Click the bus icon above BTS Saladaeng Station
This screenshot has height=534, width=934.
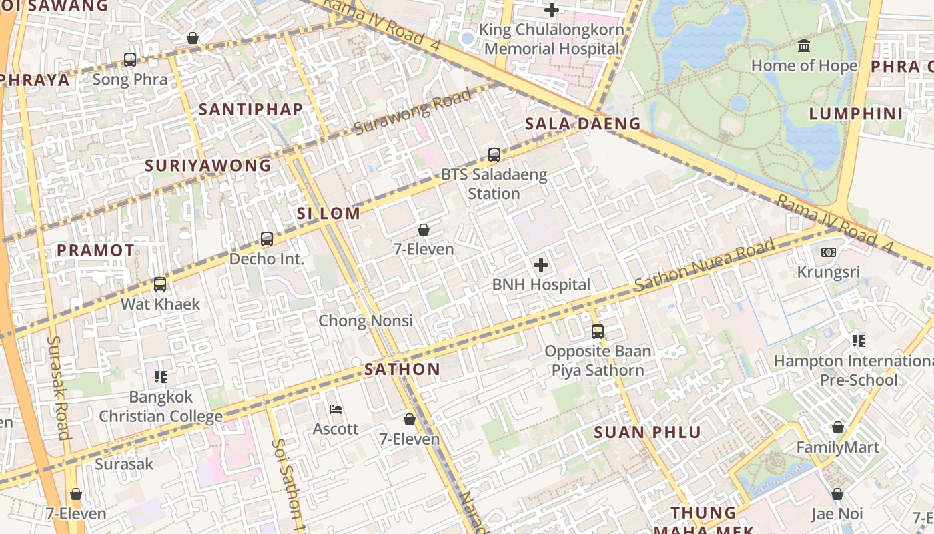(494, 155)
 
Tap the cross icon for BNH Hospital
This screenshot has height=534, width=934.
(541, 265)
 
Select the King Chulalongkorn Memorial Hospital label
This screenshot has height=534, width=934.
(552, 39)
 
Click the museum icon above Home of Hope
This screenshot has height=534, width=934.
(804, 46)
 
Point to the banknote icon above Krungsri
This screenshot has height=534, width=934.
(828, 252)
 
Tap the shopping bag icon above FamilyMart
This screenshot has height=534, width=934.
(837, 427)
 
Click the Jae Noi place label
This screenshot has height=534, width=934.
(837, 514)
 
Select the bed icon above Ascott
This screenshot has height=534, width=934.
(336, 409)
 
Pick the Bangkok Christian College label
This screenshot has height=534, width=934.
(161, 407)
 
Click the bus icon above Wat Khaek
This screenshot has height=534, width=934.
(160, 284)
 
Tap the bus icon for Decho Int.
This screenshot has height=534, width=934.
(267, 239)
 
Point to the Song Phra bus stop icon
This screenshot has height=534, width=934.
(130, 60)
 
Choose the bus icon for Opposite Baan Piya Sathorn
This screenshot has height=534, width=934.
(597, 332)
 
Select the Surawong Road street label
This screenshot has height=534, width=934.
(412, 111)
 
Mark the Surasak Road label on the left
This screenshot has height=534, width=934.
(59, 387)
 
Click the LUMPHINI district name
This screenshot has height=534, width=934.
(855, 113)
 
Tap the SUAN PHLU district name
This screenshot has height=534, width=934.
(647, 432)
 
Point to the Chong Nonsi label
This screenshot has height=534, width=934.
(366, 320)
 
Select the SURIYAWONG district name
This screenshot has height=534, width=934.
(208, 165)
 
